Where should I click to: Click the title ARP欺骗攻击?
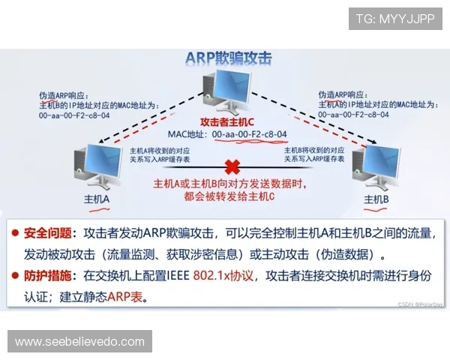pos(228,59)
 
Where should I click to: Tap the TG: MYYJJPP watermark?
pos(395,19)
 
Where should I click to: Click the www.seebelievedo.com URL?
pos(79,342)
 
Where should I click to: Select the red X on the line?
pos(233,166)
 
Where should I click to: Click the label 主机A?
pos(97,200)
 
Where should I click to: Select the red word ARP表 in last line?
pos(124,297)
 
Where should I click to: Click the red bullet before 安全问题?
pos(16,233)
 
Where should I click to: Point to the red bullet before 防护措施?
pos(16,276)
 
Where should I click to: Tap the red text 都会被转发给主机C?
pos(225,196)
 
